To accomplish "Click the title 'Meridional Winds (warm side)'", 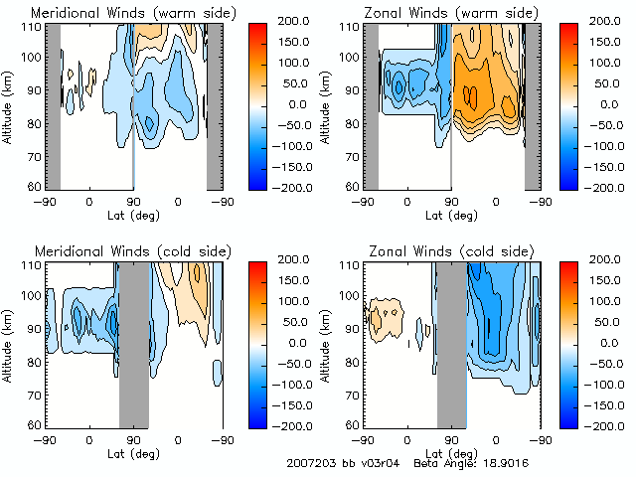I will pos(133,12).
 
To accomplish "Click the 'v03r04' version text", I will pos(379,463).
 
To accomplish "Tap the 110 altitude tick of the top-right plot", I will pos(349,26).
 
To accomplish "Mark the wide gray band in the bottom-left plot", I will pos(133,344).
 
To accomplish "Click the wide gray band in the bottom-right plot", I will pos(451,344).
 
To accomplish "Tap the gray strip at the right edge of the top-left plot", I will pos(214,104).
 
